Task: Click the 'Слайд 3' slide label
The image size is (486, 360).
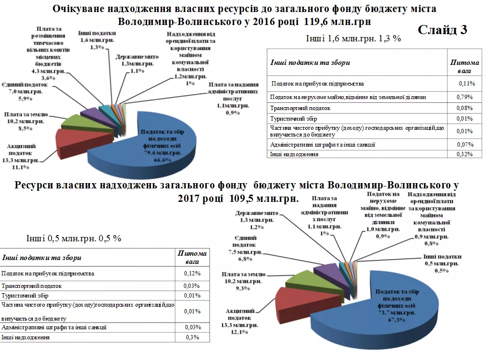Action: coord(442,30)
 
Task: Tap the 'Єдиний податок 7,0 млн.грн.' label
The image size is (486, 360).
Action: coord(24,91)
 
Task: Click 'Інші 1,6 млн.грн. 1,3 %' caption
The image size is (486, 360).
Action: coord(353,38)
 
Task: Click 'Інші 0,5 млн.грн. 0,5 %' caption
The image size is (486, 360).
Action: coord(73,238)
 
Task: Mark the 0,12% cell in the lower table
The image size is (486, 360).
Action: coord(192,273)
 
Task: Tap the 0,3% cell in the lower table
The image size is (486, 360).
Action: coord(192,338)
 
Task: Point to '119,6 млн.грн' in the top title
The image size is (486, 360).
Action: coord(336,22)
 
